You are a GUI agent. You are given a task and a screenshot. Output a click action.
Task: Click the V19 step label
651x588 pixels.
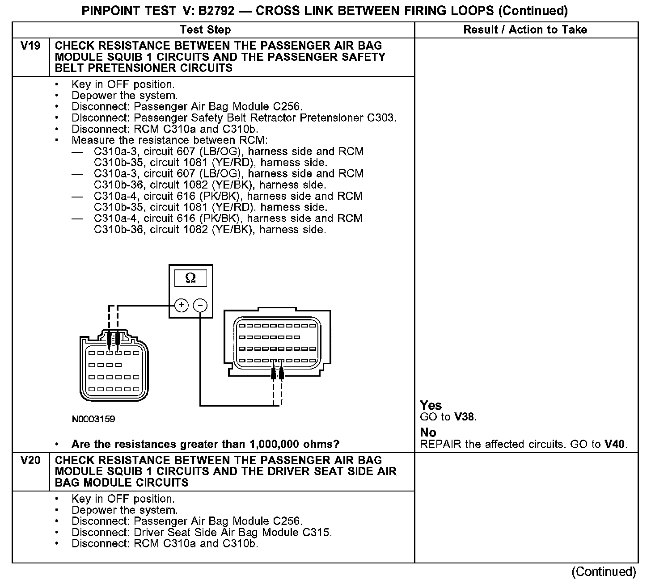click(30, 46)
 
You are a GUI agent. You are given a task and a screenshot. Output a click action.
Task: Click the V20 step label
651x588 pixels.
click(30, 461)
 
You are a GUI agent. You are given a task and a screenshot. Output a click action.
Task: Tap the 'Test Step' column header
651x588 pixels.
click(205, 30)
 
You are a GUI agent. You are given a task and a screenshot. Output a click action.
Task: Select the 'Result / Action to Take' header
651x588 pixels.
click(525, 30)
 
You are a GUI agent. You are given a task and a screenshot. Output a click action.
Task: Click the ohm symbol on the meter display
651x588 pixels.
click(190, 278)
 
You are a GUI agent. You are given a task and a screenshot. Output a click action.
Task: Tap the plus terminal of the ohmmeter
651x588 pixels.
click(181, 305)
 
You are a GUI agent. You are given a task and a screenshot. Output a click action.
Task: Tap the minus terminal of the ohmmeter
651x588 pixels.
click(200, 305)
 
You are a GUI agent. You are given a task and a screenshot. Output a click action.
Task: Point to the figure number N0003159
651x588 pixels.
click(93, 419)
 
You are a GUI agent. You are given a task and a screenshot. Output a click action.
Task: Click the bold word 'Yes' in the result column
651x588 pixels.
click(431, 406)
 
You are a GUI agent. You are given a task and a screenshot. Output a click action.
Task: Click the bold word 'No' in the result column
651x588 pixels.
click(428, 433)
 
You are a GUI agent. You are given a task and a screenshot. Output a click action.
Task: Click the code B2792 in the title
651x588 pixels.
click(216, 11)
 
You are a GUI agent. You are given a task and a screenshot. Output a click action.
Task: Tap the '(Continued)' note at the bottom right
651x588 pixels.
click(603, 572)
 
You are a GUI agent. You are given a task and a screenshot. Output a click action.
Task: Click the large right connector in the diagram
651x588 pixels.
click(277, 342)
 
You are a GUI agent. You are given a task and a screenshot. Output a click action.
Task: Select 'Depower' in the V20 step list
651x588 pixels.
click(93, 510)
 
